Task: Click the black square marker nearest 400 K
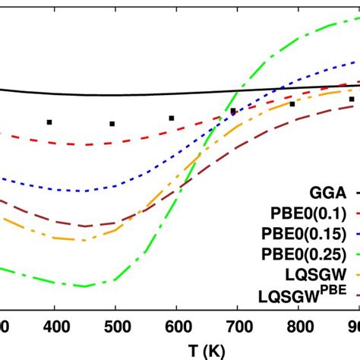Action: point(49,122)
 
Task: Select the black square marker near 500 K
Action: point(112,123)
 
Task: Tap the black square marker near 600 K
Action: point(172,118)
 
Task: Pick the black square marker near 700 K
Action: point(233,111)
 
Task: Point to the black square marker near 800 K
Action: point(292,104)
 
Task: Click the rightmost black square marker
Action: point(352,99)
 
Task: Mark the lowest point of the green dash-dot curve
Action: point(86,286)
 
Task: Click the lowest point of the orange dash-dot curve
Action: point(76,240)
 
